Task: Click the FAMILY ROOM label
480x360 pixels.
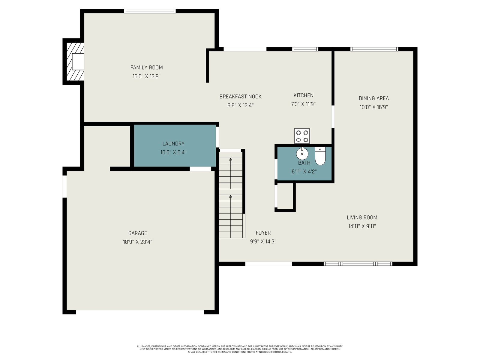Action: tap(146, 67)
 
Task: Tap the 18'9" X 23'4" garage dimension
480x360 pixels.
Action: tap(137, 242)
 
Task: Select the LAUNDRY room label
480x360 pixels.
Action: tap(173, 144)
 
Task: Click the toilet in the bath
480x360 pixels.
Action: tap(320, 156)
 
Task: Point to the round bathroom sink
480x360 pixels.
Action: tap(302, 154)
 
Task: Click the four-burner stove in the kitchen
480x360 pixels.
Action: tap(302, 136)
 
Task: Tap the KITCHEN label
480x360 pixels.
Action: tap(303, 95)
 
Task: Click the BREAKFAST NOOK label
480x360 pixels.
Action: tap(240, 96)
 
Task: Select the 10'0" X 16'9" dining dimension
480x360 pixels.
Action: tap(373, 107)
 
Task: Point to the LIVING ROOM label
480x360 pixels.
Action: tap(362, 217)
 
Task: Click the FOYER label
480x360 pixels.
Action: tap(263, 233)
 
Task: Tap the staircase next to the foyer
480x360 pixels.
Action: tap(232, 194)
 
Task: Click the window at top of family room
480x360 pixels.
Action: tap(150, 11)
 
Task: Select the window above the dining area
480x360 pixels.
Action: tap(374, 49)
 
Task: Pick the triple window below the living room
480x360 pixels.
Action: tap(358, 264)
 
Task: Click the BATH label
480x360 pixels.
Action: tap(304, 163)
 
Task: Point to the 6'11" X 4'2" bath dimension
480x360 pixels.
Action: tap(304, 172)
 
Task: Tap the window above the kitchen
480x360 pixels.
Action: tap(305, 49)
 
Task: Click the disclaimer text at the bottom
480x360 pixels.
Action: tap(240, 349)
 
